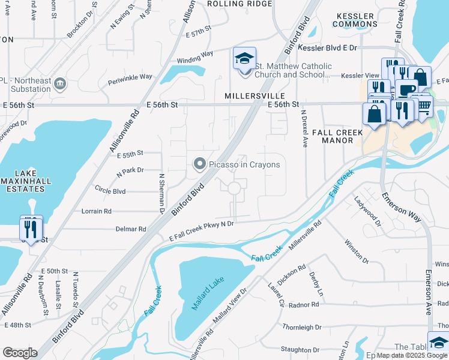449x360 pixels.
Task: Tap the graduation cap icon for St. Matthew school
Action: point(244,58)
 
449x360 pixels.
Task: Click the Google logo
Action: point(20,352)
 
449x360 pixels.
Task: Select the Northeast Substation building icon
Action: point(59,82)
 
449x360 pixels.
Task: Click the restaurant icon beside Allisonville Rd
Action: point(31,227)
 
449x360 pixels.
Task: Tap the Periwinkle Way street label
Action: point(130,77)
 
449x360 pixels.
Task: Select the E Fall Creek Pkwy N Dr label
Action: point(201,223)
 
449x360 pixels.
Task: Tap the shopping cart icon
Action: point(424,106)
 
